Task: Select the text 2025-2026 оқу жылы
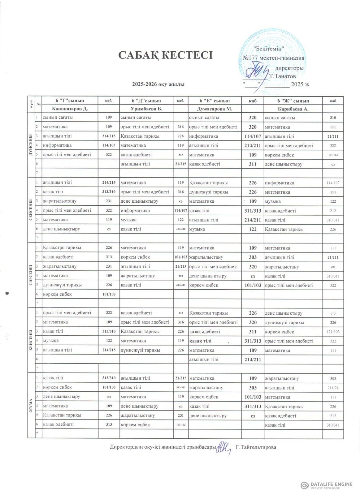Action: (158, 84)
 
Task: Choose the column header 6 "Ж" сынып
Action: (293, 101)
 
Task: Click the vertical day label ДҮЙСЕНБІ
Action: (31, 145)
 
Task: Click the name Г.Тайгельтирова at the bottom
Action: (256, 447)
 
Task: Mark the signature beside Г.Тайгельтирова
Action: (223, 447)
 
